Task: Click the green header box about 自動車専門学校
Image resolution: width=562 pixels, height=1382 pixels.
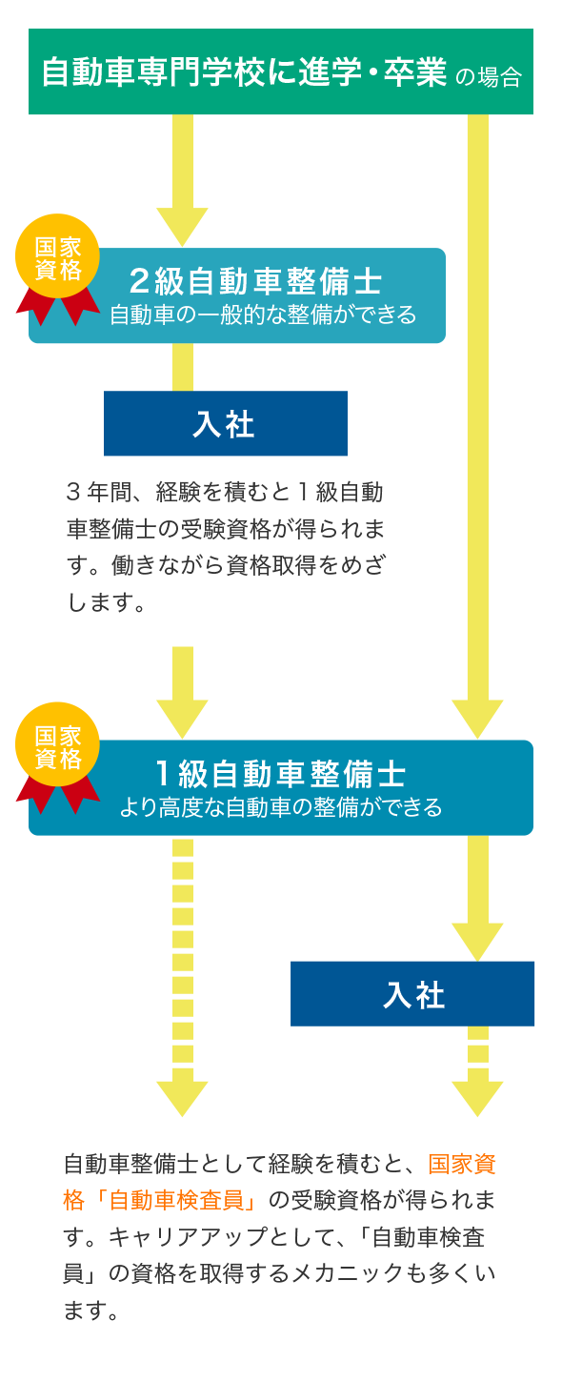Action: pos(281,71)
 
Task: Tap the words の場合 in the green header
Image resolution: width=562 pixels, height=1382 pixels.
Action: pos(489,77)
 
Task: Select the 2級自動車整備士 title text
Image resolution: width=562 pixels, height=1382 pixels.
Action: pos(255,281)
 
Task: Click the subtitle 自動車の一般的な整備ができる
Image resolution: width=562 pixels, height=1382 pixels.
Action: pos(264,315)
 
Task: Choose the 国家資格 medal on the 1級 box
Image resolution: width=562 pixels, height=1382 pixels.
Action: pos(58,755)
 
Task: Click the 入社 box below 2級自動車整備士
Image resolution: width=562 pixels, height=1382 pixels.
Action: pos(225,423)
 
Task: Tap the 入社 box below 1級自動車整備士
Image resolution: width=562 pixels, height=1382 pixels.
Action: pos(412,994)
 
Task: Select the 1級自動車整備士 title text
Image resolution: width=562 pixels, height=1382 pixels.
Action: pos(281,773)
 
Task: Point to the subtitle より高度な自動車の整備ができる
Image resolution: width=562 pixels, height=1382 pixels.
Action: pos(281,807)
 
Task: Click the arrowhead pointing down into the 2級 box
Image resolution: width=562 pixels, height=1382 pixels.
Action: pos(182,227)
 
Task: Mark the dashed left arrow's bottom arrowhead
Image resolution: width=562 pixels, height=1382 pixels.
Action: pos(182,1099)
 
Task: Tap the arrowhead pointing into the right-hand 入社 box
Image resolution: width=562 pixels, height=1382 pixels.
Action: pos(477,942)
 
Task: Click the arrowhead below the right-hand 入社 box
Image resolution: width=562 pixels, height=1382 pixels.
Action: pos(477,1099)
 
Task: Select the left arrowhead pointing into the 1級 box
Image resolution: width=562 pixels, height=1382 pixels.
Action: pos(182,720)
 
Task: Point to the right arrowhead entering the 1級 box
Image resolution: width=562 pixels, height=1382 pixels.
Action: pos(477,720)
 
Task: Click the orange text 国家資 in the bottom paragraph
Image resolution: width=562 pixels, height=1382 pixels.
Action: pos(462,1164)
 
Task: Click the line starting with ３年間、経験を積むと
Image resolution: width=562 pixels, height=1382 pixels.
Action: pos(225,493)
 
